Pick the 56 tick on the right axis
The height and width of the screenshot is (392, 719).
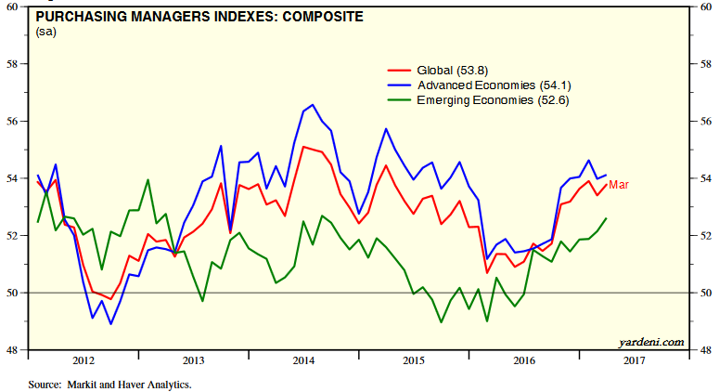[x=704, y=122]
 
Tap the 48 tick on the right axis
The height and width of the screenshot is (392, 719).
[x=704, y=350]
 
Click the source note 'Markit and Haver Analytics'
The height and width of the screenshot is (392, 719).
[x=109, y=383]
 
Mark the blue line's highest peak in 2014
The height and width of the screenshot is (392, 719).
[x=312, y=104]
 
